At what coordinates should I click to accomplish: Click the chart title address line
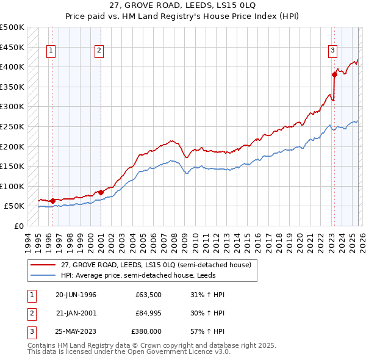182,5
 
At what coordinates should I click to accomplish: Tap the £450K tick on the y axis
12,47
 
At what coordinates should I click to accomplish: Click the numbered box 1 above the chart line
51,51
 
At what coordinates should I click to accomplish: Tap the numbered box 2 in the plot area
99,51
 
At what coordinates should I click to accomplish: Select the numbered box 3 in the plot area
332,51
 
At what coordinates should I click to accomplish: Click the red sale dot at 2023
334,75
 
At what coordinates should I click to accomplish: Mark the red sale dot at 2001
101,192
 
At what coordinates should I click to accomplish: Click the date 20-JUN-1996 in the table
76,295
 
